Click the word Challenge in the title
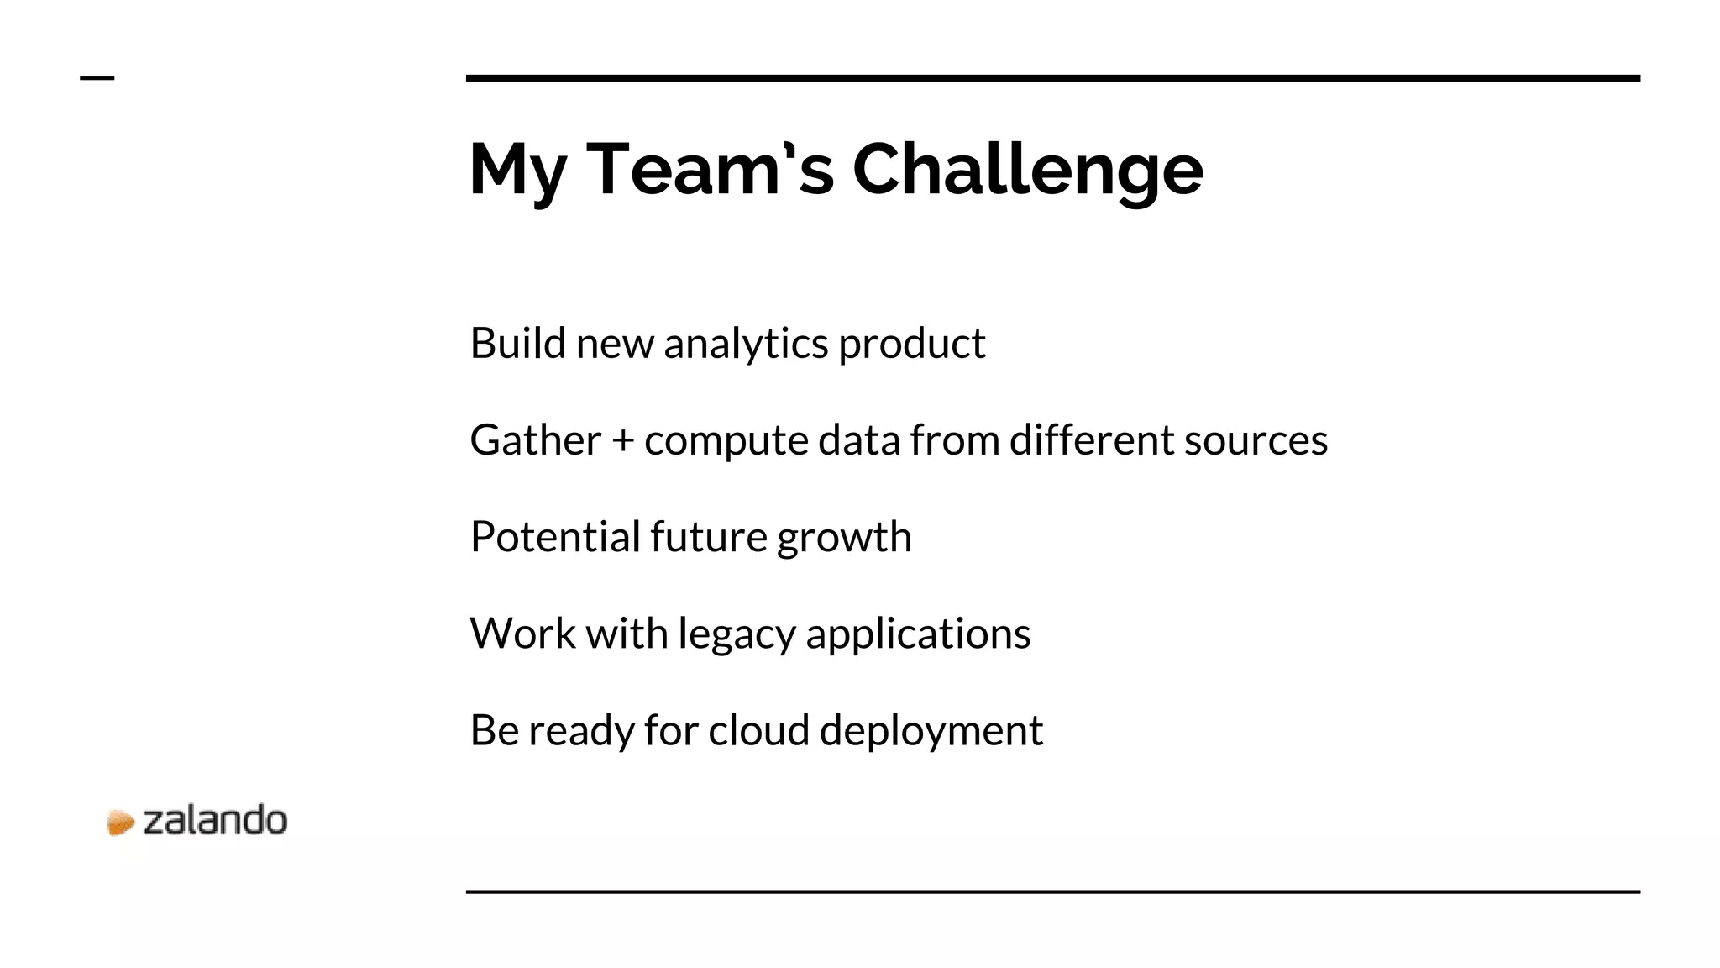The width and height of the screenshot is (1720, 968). pyautogui.click(x=1028, y=170)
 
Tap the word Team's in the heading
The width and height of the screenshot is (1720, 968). pyautogui.click(x=710, y=170)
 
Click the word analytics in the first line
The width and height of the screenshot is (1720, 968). pyautogui.click(x=746, y=344)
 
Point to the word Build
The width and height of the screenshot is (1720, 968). pyautogui.click(x=517, y=343)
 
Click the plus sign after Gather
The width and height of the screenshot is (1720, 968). pyautogui.click(x=622, y=441)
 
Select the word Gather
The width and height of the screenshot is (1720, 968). pyautogui.click(x=536, y=440)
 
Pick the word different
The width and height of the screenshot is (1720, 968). pyautogui.click(x=1090, y=439)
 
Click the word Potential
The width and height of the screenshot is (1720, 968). pyautogui.click(x=554, y=537)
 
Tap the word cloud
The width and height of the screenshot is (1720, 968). pyautogui.click(x=758, y=729)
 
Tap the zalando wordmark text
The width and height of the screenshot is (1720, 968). pyautogui.click(x=215, y=820)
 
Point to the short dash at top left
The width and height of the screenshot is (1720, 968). pyautogui.click(x=97, y=78)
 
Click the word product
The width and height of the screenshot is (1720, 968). pyautogui.click(x=911, y=344)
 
